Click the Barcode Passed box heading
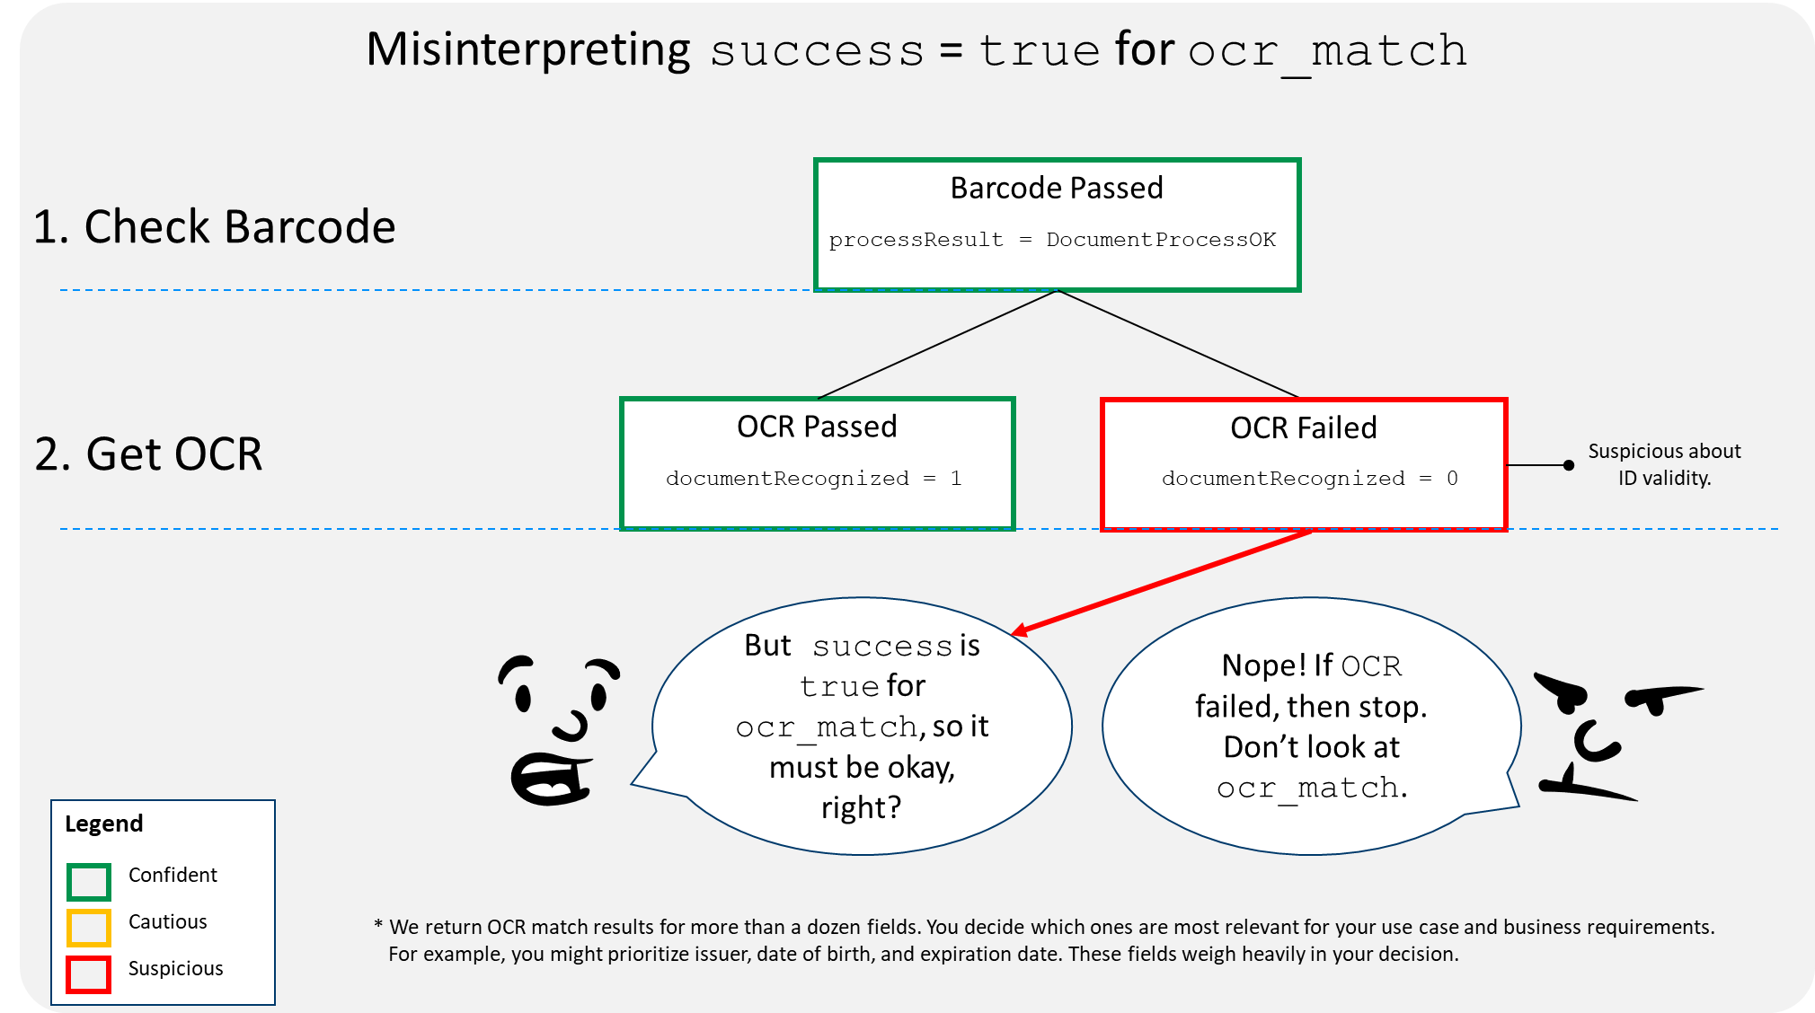(x=1057, y=188)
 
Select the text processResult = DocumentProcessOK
(x=1052, y=240)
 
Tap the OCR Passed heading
(x=817, y=427)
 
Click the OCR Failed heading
(x=1304, y=427)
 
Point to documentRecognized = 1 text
(x=814, y=479)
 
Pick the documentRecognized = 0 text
(x=1310, y=479)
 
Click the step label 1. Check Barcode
(x=214, y=226)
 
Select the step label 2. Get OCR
(x=148, y=454)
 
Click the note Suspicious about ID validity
(x=1664, y=464)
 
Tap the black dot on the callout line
(x=1569, y=465)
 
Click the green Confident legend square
(x=89, y=882)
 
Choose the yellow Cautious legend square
(x=89, y=928)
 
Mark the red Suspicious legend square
(x=89, y=974)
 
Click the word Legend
(x=104, y=824)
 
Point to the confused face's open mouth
(x=549, y=779)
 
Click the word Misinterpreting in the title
(x=528, y=49)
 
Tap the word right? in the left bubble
(x=861, y=808)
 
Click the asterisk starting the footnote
(x=378, y=925)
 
